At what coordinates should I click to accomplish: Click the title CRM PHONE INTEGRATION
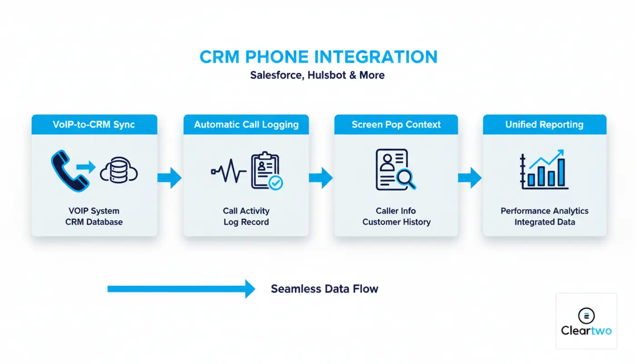click(318, 57)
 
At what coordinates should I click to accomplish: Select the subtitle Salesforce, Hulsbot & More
click(317, 75)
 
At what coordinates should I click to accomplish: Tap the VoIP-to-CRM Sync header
click(94, 125)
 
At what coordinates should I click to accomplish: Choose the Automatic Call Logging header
click(246, 125)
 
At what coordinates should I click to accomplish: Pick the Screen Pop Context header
click(396, 125)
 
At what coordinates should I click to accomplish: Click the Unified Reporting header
click(544, 125)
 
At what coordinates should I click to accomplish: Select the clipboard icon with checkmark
click(266, 171)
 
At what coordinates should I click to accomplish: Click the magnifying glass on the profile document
click(405, 178)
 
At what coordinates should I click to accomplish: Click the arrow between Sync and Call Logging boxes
click(169, 177)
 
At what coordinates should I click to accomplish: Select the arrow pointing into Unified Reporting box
click(470, 177)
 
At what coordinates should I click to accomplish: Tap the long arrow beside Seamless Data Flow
click(181, 289)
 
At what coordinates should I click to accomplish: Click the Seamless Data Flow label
click(324, 289)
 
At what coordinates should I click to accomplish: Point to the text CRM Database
click(94, 222)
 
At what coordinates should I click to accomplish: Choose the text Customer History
click(396, 222)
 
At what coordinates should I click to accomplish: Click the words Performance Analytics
click(544, 211)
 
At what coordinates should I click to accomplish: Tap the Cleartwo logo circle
click(586, 315)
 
